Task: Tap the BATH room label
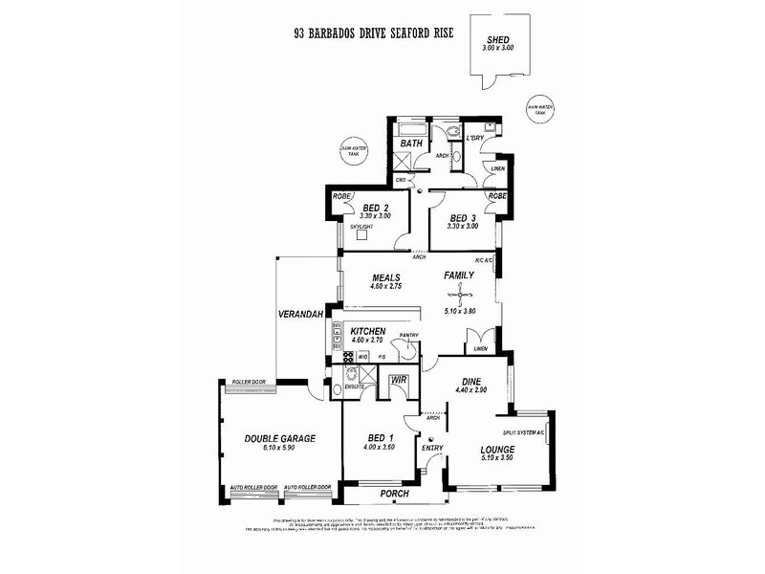(x=411, y=143)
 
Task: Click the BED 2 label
(x=374, y=208)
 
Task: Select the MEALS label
(x=385, y=277)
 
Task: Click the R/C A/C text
(x=483, y=260)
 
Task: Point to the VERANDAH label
(x=298, y=314)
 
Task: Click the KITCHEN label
(x=367, y=330)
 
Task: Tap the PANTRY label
(x=410, y=335)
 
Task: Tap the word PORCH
(x=394, y=494)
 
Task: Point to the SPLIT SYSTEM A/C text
(x=519, y=433)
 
